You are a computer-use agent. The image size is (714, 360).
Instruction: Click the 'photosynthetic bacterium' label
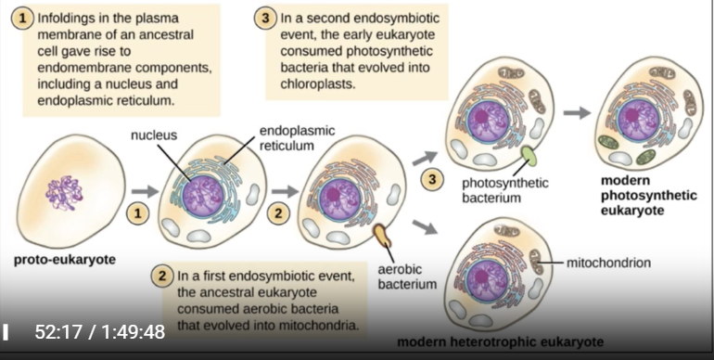[505, 190]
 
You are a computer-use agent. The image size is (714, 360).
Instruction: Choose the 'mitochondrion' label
[607, 263]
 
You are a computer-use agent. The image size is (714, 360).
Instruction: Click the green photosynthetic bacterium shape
[528, 155]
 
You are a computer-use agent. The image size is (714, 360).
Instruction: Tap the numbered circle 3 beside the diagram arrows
[431, 179]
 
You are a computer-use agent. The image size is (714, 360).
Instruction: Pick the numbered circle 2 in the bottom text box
[163, 276]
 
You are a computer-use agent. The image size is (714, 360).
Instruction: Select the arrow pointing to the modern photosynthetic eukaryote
[577, 112]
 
